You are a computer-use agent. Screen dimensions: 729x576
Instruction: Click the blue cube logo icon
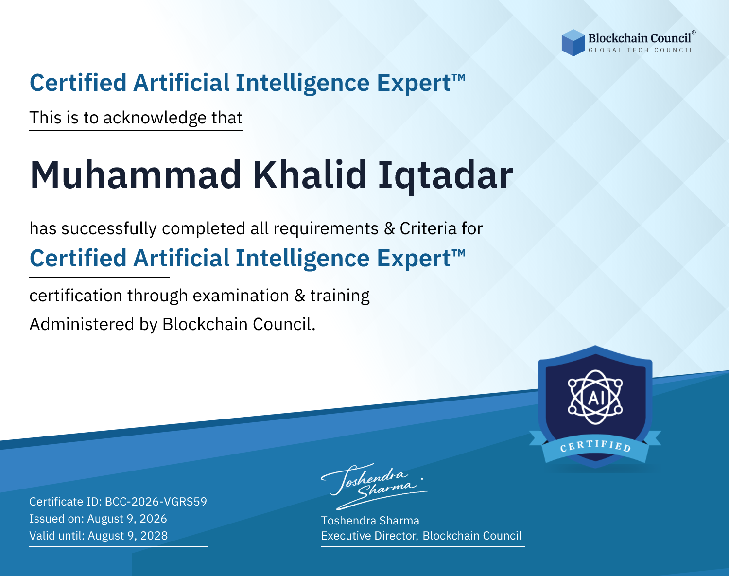pos(573,43)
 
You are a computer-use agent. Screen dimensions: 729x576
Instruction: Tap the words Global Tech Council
pos(641,50)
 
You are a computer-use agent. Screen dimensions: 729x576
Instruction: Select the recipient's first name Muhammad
pos(136,175)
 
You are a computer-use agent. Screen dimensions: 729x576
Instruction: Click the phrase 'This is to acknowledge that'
pos(136,118)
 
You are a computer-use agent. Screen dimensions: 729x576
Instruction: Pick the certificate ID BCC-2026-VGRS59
pos(156,502)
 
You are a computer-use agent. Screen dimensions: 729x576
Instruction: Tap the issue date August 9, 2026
pos(127,519)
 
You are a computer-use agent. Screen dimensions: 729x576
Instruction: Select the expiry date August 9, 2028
pos(128,536)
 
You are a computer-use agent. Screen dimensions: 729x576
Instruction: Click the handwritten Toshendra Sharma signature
pos(373,487)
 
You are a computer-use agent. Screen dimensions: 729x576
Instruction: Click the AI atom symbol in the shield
pos(595,397)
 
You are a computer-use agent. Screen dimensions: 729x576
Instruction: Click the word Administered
pos(82,324)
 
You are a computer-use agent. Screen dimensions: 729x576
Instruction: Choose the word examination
pos(241,296)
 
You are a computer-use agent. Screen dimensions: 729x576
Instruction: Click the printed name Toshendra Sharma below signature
pos(370,521)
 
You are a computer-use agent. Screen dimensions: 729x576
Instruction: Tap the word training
pos(340,296)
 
